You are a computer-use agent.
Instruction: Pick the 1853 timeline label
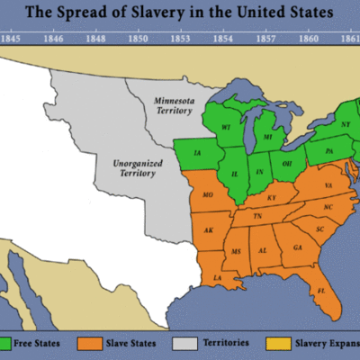(181, 40)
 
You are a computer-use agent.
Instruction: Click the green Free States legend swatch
(7, 342)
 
